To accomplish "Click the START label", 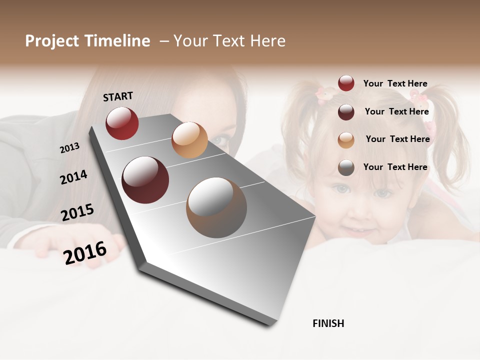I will [x=118, y=96].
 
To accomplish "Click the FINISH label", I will [x=328, y=323].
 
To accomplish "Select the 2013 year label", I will [x=69, y=147].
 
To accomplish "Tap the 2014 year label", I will [x=73, y=177].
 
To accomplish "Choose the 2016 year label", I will [x=85, y=253].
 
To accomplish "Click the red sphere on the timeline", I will [x=122, y=123].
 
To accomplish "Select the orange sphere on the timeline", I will [x=189, y=140].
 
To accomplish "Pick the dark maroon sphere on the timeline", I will [x=145, y=180].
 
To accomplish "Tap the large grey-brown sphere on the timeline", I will [x=216, y=207].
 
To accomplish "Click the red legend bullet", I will [x=346, y=83].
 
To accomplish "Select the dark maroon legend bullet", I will [x=346, y=111].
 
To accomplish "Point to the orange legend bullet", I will [x=346, y=139].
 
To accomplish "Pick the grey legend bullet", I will [x=346, y=167].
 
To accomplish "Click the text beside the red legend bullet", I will [x=395, y=83].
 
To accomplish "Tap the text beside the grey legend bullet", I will [x=395, y=167].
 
